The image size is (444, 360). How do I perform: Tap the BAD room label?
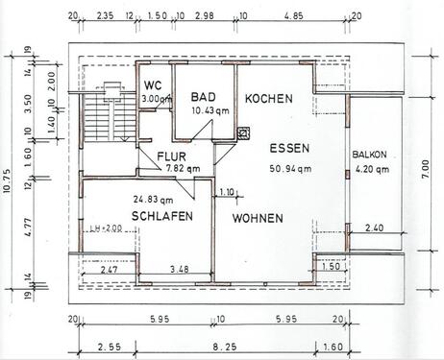pyautogui.click(x=202, y=98)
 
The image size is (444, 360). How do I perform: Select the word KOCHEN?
pyautogui.click(x=269, y=99)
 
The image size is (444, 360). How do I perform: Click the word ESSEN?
pyautogui.click(x=288, y=150)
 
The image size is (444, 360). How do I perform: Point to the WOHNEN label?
pyautogui.click(x=257, y=218)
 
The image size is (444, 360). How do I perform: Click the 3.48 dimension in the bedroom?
pyautogui.click(x=179, y=268)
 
